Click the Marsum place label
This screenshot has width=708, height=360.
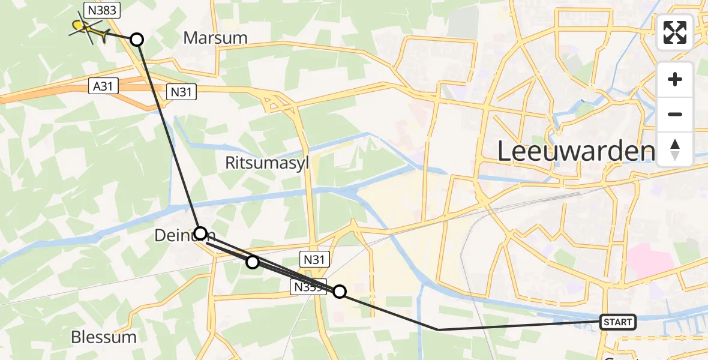215,38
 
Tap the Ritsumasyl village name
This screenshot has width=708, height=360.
268,163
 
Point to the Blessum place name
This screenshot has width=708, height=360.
104,337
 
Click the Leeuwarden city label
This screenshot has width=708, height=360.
575,152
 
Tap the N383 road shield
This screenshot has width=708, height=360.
101,10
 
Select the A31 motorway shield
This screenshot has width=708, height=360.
103,86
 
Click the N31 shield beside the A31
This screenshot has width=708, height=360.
181,91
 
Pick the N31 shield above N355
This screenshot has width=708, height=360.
314,259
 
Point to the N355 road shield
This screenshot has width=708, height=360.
308,287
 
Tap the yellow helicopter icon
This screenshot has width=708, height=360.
88,28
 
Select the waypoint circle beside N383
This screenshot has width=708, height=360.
137,40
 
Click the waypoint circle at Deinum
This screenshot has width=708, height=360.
201,233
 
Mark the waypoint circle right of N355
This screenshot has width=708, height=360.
340,292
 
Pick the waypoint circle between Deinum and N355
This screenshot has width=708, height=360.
253,262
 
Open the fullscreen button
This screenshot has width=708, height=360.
675,32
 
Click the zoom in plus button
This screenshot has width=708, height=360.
675,80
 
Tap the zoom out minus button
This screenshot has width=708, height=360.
675,115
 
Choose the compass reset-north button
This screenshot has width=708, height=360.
675,149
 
